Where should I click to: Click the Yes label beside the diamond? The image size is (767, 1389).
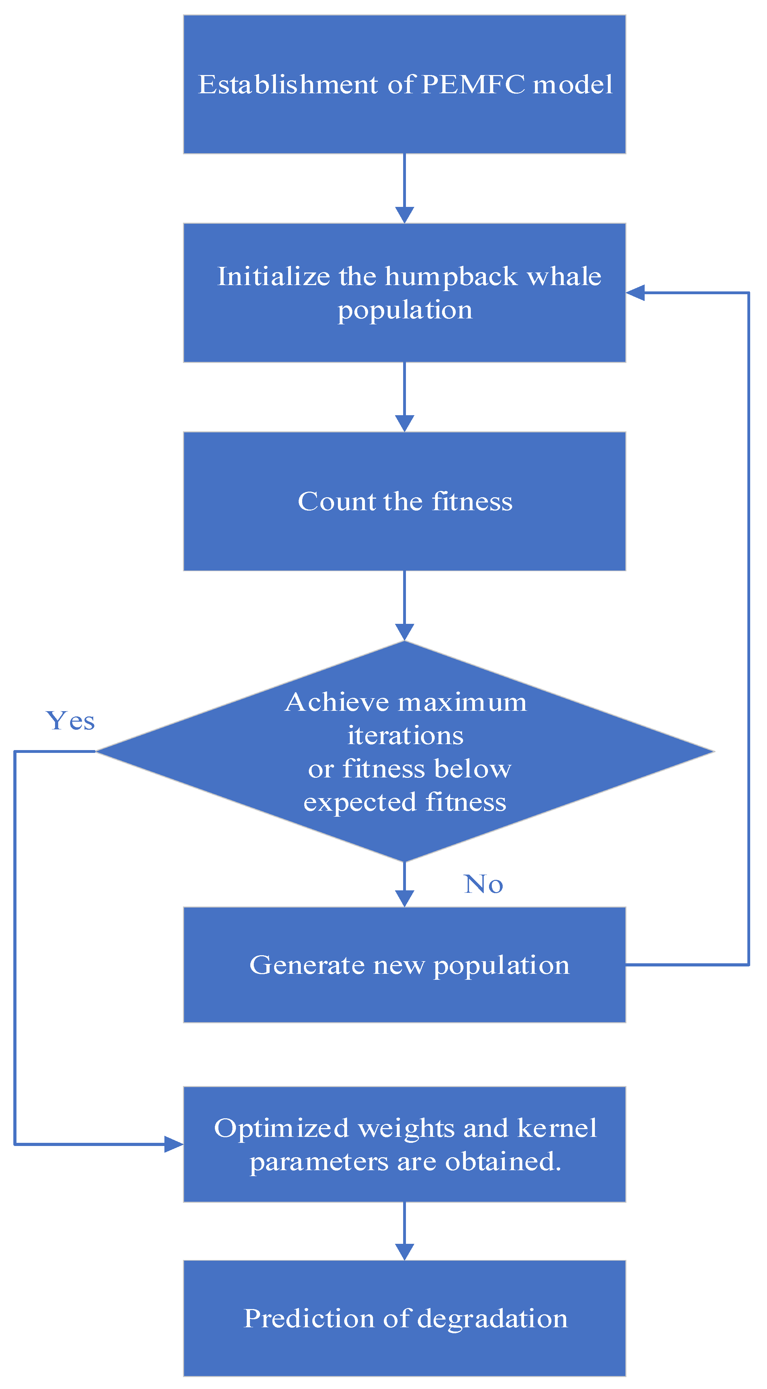(70, 721)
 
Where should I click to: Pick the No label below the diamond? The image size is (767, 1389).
(483, 885)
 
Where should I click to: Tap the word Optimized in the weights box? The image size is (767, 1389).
(281, 1128)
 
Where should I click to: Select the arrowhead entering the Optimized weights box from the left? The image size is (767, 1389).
(174, 1144)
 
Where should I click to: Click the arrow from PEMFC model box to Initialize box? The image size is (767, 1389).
(404, 188)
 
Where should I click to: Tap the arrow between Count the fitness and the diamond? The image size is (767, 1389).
(404, 606)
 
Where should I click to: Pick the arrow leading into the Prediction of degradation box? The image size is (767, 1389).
(404, 1231)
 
